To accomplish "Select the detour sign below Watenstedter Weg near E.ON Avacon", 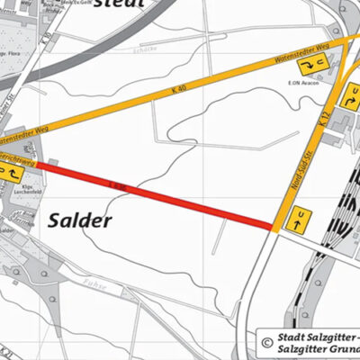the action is [x=314, y=67].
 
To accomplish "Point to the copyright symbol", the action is [x=267, y=342].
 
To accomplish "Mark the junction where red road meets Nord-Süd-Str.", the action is [x=274, y=226].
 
